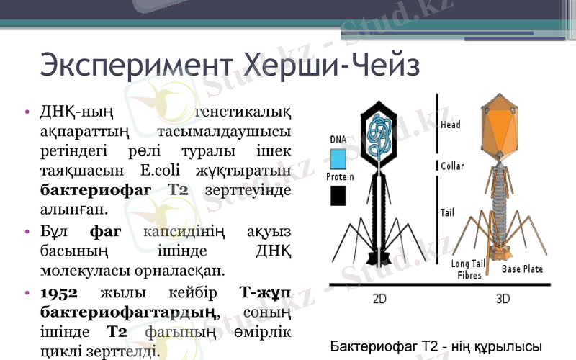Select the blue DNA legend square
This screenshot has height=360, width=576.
coord(338,158)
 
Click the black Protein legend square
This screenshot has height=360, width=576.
coord(338,196)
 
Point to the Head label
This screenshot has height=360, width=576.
coord(451,125)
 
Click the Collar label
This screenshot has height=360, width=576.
coord(452,166)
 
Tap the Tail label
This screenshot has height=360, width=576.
coord(447,213)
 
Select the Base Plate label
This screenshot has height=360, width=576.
coord(522,269)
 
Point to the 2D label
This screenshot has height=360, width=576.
coord(381,298)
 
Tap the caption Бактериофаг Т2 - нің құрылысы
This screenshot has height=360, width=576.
coord(431,346)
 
